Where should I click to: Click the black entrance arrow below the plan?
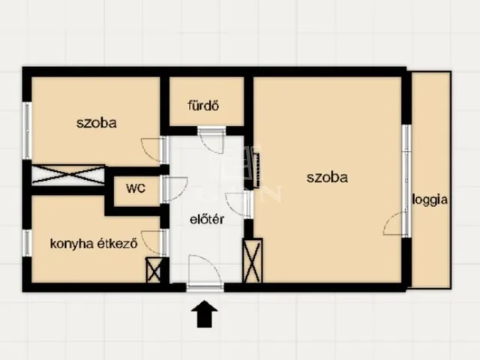pyautogui.click(x=205, y=313)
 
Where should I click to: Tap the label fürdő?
pyautogui.click(x=203, y=106)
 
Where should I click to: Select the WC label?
pyautogui.click(x=136, y=188)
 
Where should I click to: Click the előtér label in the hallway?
pyautogui.click(x=207, y=219)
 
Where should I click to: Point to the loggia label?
pyautogui.click(x=430, y=200)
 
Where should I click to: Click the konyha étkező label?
pyautogui.click(x=94, y=244)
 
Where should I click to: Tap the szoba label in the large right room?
pyautogui.click(x=327, y=178)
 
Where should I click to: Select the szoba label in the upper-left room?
pyautogui.click(x=97, y=123)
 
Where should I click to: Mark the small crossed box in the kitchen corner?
pyautogui.click(x=153, y=270)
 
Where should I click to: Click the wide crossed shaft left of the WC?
pyautogui.click(x=68, y=175)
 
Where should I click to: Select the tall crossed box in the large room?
pyautogui.click(x=253, y=260)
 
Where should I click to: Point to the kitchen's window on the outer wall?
pyautogui.click(x=27, y=243)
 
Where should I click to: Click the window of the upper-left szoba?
pyautogui.click(x=27, y=130)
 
